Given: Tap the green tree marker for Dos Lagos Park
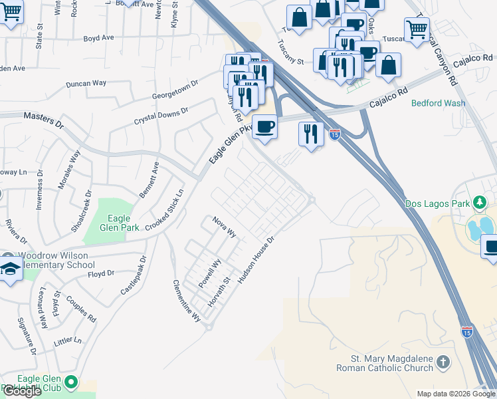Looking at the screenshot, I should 479,201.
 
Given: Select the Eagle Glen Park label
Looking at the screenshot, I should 119,222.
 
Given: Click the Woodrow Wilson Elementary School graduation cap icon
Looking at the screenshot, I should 11,270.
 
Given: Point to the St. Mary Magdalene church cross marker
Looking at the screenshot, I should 444,362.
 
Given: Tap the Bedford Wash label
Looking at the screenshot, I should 439,103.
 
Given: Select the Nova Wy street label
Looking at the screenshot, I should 225,227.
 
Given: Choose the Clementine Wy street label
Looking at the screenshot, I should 187,299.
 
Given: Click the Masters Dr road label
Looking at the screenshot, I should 43,120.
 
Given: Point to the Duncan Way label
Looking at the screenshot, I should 86,84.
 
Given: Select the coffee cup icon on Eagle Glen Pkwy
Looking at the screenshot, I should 265,126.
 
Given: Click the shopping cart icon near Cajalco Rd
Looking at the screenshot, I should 417,29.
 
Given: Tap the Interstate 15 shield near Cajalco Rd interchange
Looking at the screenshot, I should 335,134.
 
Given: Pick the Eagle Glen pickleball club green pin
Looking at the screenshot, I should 72,382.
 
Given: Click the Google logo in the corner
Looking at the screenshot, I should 22,391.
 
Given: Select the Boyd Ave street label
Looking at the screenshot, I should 98,38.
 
